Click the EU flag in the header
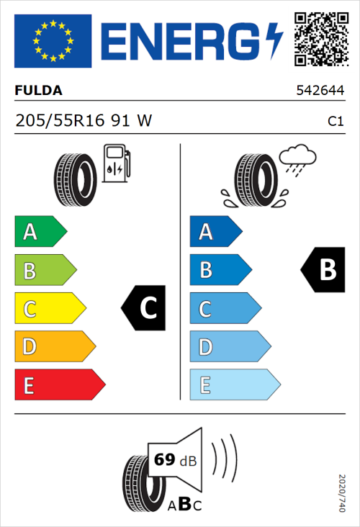tap(53, 40)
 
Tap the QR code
tap(320, 40)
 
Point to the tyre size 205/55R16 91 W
tap(84, 121)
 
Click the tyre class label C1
tap(335, 122)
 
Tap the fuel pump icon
tap(117, 163)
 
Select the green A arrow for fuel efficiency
tap(40, 232)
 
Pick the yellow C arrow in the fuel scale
tap(49, 309)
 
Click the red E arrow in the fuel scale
tap(59, 385)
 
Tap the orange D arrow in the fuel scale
tap(54, 347)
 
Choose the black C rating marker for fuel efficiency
tap(144, 308)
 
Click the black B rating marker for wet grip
tap(320, 270)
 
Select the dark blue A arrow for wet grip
tap(215, 232)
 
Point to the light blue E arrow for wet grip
tap(234, 385)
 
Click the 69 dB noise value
tap(172, 459)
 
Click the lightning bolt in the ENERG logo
tap(274, 40)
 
